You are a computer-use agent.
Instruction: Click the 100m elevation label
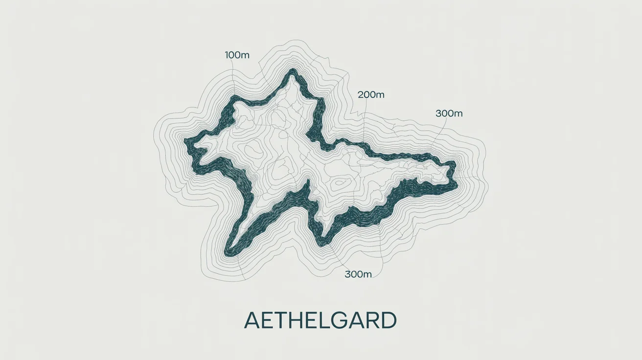click(237, 55)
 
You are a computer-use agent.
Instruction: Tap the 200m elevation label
click(371, 95)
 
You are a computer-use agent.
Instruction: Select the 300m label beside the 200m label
click(449, 113)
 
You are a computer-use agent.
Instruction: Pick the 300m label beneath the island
click(358, 274)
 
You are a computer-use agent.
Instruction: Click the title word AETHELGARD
click(321, 321)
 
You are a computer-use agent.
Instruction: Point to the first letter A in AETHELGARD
click(253, 321)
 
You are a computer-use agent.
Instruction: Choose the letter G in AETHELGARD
click(341, 321)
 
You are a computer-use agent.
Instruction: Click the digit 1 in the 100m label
click(227, 55)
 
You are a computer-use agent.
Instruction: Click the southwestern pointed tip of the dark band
click(228, 254)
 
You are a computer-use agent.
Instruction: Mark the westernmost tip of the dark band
click(186, 141)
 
